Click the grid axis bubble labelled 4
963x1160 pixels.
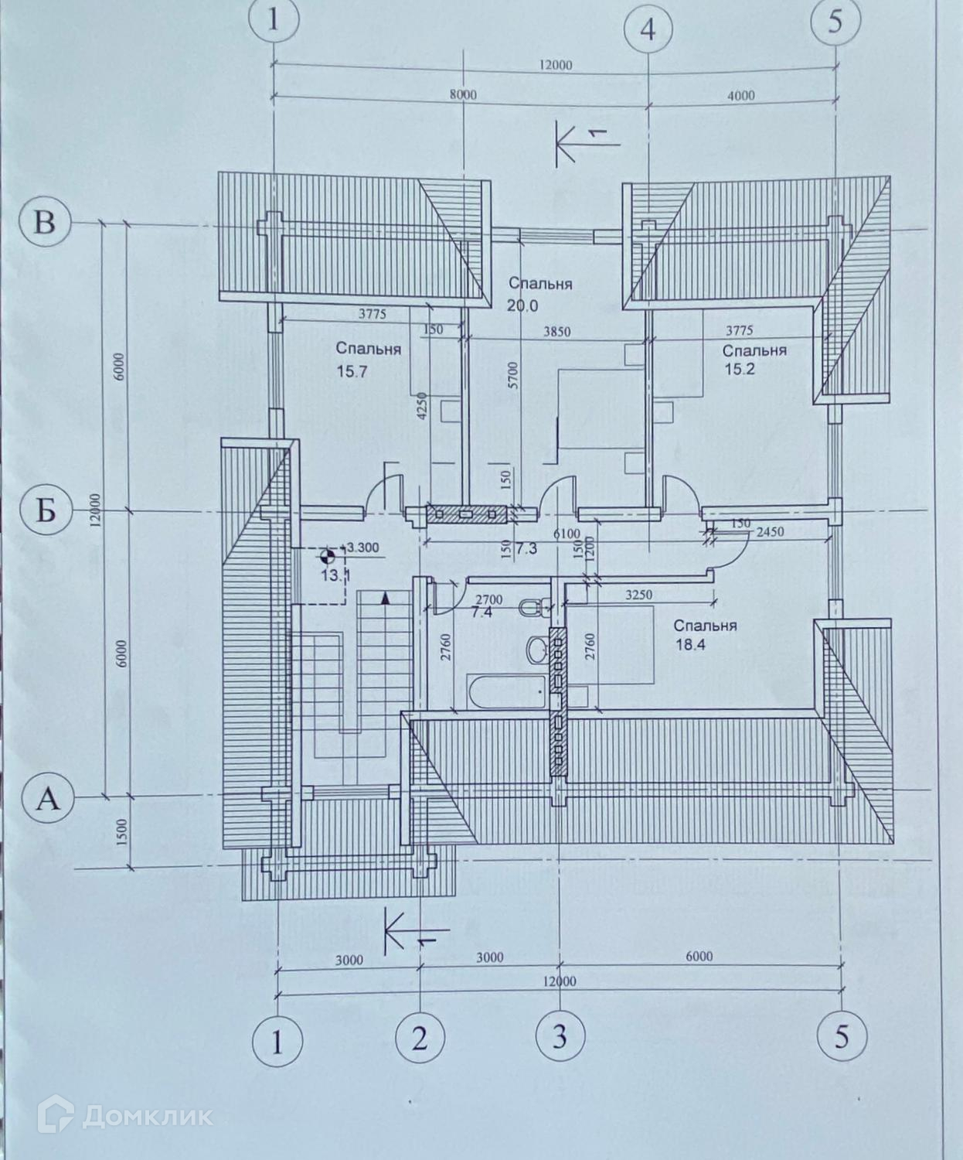pyautogui.click(x=648, y=29)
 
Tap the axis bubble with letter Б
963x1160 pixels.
pyautogui.click(x=45, y=511)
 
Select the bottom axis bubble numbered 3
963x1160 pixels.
pyautogui.click(x=560, y=1035)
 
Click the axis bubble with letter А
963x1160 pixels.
pyautogui.click(x=48, y=797)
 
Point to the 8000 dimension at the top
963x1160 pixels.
pyautogui.click(x=462, y=95)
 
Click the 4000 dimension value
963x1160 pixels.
pyautogui.click(x=740, y=96)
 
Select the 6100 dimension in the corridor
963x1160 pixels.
pyautogui.click(x=567, y=534)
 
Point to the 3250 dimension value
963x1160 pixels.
pyautogui.click(x=638, y=595)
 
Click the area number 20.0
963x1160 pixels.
pyautogui.click(x=522, y=305)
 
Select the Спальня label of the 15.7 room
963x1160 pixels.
pyautogui.click(x=368, y=350)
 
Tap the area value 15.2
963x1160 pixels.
pyautogui.click(x=740, y=369)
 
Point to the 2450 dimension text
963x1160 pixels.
pyautogui.click(x=770, y=532)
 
